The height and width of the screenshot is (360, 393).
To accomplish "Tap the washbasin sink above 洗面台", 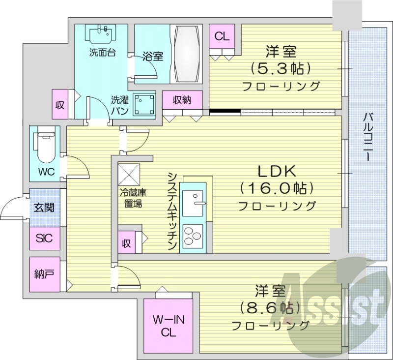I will click(102, 35).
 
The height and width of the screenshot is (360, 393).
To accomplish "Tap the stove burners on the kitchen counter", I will click(193, 236).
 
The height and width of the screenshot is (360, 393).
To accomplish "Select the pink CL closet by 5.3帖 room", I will click(222, 36).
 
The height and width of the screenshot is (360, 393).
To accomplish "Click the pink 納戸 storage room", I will click(44, 274).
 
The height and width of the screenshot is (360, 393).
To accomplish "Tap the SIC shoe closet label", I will click(44, 240).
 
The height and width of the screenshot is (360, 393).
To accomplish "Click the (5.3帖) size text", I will click(281, 68).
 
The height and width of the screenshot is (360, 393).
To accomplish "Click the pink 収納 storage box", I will click(182, 100).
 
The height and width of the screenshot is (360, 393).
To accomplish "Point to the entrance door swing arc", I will click(12, 206).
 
